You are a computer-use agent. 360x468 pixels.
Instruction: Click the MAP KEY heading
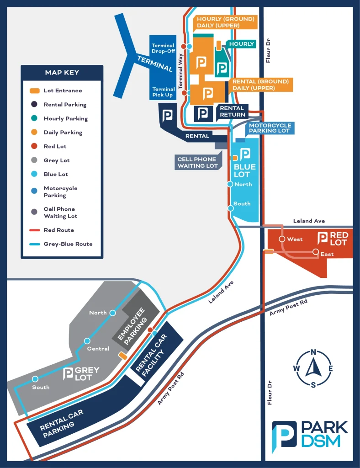pos(62,73)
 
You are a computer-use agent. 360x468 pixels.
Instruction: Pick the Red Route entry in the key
pos(58,230)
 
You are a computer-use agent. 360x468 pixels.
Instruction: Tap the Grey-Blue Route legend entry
pos(68,244)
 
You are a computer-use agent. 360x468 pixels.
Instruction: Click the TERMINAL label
pos(155,64)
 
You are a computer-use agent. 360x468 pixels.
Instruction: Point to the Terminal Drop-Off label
pos(163,48)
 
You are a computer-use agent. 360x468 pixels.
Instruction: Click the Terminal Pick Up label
pos(164,92)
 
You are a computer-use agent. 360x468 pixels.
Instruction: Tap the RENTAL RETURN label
pos(233,112)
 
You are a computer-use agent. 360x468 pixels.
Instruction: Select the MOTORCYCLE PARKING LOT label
pos(270,128)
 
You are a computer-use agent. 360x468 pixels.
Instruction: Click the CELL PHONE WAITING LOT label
pos(197,163)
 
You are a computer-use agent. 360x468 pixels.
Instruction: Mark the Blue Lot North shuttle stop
pos(231,184)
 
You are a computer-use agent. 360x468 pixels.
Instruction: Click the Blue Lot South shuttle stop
pos(231,208)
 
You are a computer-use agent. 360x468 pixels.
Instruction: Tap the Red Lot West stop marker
pos(281,239)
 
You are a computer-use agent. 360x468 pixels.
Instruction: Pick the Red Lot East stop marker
pos(315,252)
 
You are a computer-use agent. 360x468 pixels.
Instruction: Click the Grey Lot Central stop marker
pos(87,341)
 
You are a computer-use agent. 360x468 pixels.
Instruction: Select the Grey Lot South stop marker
pos(35,379)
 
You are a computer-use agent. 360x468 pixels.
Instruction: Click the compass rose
pos(313,368)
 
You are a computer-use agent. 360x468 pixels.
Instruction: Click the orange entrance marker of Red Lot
pos(269,251)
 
